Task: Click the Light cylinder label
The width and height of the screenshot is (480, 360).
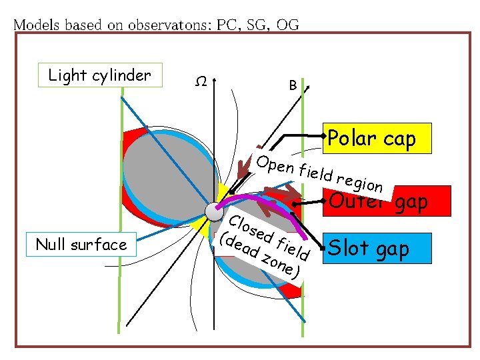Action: [100, 75]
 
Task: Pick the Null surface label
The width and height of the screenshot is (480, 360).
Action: [82, 245]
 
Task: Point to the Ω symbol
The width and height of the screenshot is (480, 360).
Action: [199, 82]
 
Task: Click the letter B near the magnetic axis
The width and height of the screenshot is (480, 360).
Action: [293, 85]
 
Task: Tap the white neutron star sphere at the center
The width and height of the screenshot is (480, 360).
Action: [214, 211]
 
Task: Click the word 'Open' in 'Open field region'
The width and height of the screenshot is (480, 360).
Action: [273, 164]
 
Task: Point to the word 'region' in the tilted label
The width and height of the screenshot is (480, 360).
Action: [359, 182]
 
